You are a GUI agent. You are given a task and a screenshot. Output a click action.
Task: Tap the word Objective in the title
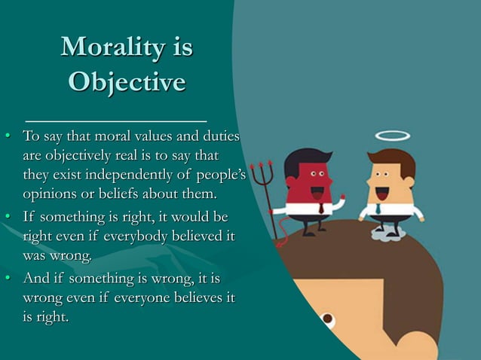coord(127,81)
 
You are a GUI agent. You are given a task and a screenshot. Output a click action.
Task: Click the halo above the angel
coord(392,136)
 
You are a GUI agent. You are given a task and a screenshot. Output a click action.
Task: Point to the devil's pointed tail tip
coord(280,241)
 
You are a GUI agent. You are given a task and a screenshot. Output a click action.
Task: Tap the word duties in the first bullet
coord(219,137)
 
